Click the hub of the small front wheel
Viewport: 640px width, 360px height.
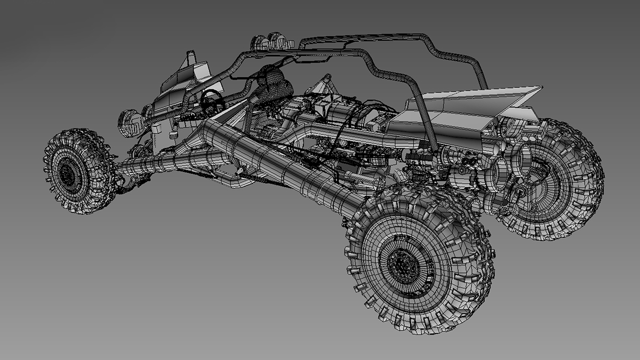(x=68, y=172)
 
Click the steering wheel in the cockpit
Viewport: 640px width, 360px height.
(x=211, y=99)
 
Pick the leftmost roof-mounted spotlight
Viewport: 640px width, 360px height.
(x=259, y=43)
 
